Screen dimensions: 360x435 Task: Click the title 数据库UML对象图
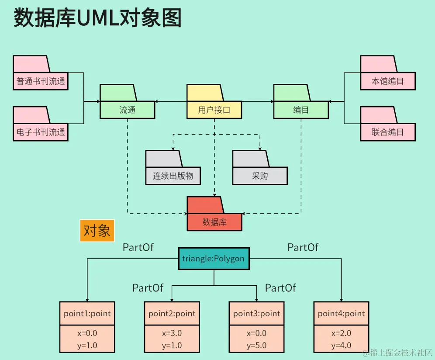[97, 18]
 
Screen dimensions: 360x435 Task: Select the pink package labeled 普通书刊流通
[41, 82]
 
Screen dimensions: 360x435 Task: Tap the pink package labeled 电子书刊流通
[41, 132]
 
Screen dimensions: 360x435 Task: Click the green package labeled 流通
[127, 110]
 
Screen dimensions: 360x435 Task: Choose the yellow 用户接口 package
[214, 110]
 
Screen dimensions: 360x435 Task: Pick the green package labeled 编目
[301, 110]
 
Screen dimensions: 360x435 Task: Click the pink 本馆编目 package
[387, 82]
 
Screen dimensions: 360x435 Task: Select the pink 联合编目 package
[387, 132]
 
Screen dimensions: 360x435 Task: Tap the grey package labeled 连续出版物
[173, 176]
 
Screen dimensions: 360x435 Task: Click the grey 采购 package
[260, 176]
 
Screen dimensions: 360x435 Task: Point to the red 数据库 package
[214, 222]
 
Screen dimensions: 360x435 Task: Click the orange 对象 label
[97, 231]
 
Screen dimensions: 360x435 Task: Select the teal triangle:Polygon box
[214, 259]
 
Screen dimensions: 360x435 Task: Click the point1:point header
[87, 313]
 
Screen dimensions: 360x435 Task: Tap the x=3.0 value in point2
[172, 333]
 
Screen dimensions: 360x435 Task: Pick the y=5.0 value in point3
[256, 346]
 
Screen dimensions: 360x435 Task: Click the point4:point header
[341, 313]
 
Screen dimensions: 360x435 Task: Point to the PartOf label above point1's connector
[138, 248]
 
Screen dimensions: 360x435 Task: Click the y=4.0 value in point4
[341, 346]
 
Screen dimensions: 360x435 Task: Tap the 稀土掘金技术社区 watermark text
[398, 353]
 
